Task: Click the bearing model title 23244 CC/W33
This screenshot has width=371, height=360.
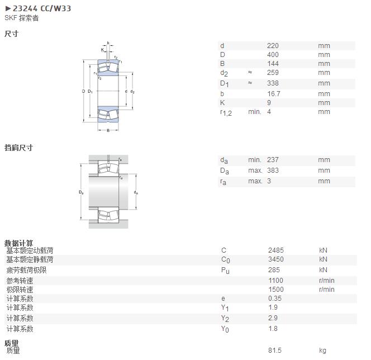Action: tap(42, 8)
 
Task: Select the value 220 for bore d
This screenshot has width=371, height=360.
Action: tap(273, 46)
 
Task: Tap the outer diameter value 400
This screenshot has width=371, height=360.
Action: tap(273, 55)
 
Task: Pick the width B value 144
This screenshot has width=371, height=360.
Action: tap(273, 64)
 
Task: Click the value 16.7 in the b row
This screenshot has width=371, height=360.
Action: tap(274, 94)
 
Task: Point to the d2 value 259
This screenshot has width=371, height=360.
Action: tap(273, 73)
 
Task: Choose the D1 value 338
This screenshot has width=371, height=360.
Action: tap(273, 83)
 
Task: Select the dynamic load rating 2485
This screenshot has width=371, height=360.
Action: tap(275, 250)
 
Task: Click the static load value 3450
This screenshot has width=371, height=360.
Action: tap(275, 259)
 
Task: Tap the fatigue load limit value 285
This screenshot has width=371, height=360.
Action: tap(274, 270)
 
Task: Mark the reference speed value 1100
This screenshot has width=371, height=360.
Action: tap(275, 281)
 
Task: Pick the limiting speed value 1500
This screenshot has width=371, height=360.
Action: tap(275, 290)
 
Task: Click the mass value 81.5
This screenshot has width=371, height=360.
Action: tap(275, 350)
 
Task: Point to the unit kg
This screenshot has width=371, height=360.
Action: tap(322, 350)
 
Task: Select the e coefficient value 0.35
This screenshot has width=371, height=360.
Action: tap(275, 299)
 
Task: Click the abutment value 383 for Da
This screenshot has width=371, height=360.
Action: tap(273, 170)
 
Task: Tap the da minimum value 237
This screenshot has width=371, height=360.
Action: tap(273, 160)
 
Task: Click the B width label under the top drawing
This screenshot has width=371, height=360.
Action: tap(108, 130)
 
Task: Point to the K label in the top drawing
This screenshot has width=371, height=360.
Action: tap(102, 50)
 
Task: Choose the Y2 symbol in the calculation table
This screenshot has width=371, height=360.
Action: tap(225, 319)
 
